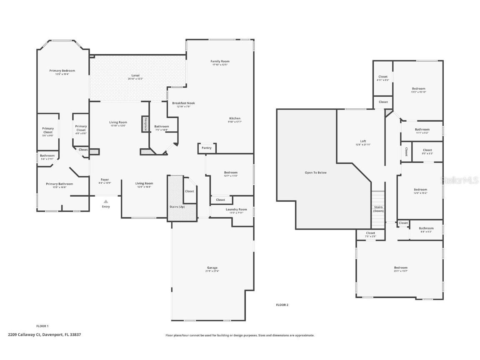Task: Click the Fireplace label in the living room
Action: pos(145,124)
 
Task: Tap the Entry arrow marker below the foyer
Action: pos(106,202)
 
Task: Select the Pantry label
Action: pos(206,148)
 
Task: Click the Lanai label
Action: pos(136,75)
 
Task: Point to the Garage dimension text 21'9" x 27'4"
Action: pos(212,271)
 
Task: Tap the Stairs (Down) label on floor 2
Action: pos(378,209)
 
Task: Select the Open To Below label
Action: pos(315,172)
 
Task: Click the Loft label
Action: pos(363,141)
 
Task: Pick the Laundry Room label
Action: pos(236,210)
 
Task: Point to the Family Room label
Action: pos(220,61)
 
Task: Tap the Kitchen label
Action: pos(235,118)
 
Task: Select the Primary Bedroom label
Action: pos(62,71)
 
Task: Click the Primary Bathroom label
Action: pos(59,184)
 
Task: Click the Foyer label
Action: pos(105,180)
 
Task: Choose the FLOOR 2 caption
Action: pos(282,305)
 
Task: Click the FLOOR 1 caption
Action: pos(42,326)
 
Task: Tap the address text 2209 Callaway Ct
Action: pos(24,334)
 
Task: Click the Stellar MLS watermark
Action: pos(460,180)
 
